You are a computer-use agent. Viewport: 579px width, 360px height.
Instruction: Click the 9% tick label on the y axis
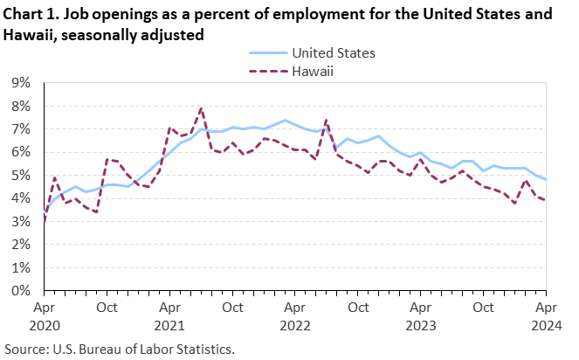click(19, 83)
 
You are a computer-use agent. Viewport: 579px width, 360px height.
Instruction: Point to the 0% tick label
click(19, 290)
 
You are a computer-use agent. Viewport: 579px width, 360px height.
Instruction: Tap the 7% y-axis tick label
click(19, 129)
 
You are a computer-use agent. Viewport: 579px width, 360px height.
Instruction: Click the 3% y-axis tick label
click(19, 221)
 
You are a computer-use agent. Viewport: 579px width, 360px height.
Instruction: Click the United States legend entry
click(334, 52)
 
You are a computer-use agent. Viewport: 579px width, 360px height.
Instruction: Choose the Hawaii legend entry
click(312, 72)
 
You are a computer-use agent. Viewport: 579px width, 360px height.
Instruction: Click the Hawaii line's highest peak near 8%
click(202, 108)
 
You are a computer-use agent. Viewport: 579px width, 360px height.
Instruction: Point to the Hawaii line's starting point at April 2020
click(44, 222)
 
